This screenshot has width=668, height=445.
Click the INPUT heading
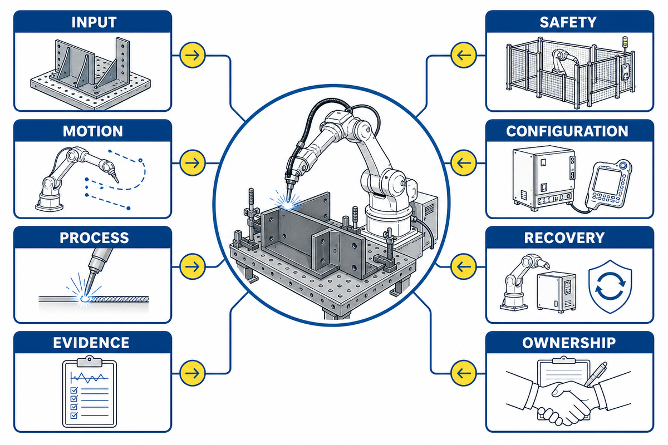[94, 22]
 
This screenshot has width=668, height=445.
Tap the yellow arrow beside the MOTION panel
[193, 163]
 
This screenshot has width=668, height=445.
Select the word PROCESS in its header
[94, 238]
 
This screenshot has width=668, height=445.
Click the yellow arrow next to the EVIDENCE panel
[193, 373]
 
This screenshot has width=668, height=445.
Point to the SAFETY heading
[568, 22]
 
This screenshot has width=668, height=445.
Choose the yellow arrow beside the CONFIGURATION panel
[463, 163]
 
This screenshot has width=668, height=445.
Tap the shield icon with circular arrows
[610, 286]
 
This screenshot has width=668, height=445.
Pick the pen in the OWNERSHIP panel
[596, 374]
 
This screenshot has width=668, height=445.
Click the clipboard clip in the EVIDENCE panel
[89, 361]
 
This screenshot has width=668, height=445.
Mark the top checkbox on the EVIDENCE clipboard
[74, 390]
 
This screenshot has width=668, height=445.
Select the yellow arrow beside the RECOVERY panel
[463, 266]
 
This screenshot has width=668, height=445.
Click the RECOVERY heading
[564, 238]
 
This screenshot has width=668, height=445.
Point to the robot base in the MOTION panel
[50, 201]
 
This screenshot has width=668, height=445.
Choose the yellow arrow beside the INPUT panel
[193, 55]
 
